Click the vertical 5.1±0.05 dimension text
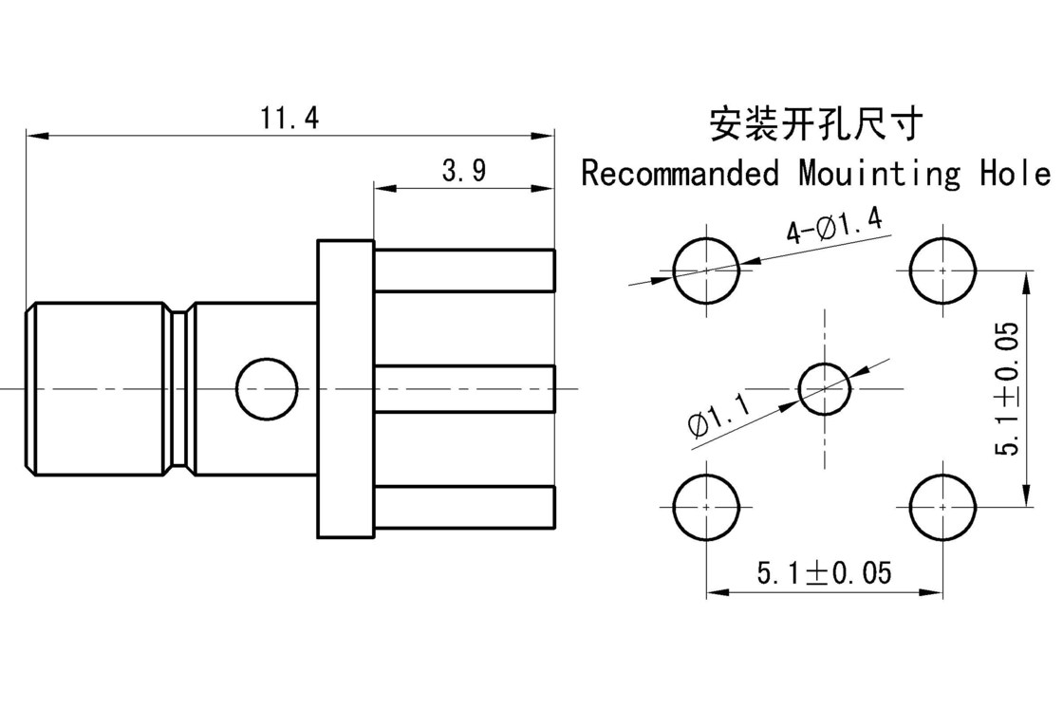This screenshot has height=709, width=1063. tap(1008, 387)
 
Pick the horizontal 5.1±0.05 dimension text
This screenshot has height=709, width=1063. tap(823, 573)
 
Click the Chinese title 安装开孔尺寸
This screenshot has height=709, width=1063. tap(815, 124)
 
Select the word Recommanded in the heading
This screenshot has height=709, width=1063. tap(679, 174)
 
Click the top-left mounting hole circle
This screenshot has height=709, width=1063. tap(705, 271)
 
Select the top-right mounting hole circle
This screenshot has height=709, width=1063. tap(942, 271)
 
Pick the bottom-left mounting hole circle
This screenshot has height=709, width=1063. tap(705, 507)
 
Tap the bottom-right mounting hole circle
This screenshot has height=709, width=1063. tap(942, 507)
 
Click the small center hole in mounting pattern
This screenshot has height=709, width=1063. tap(824, 388)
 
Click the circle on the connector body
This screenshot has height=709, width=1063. tap(266, 388)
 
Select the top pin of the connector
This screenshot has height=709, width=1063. tap(463, 270)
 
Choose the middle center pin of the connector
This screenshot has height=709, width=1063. tap(463, 388)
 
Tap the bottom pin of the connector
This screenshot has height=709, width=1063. tap(463, 506)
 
